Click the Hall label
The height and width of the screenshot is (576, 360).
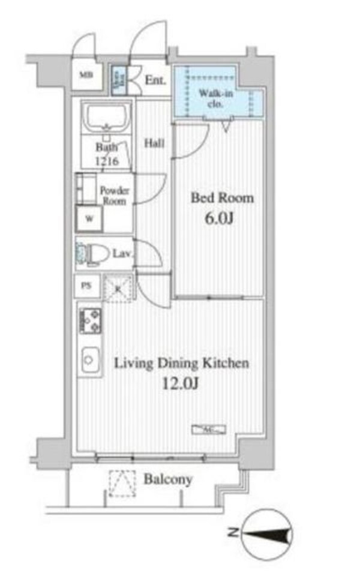coord(154,143)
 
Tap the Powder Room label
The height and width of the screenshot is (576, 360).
coord(114,196)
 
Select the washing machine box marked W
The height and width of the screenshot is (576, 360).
coord(89,219)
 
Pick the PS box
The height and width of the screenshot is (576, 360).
coord(87,286)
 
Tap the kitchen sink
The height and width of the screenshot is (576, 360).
coord(89,361)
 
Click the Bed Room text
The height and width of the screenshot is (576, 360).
coord(222,198)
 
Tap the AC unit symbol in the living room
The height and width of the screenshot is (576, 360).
coord(208,429)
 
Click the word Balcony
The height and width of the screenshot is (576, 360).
coord(168,479)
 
